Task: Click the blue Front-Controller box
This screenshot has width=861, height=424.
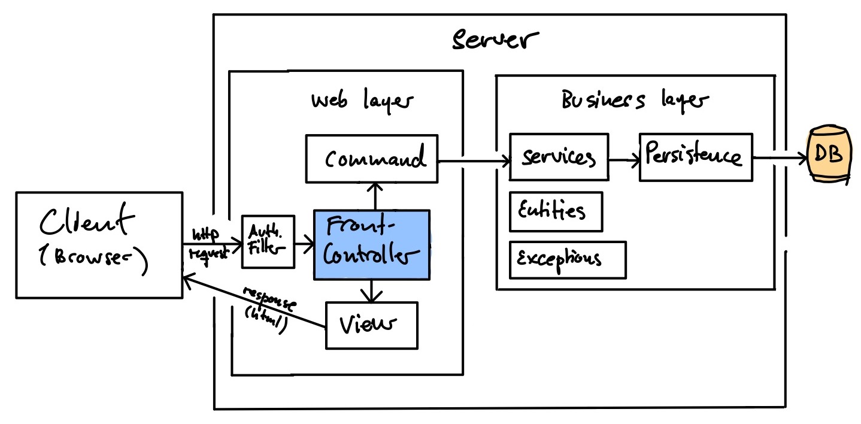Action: [371, 244]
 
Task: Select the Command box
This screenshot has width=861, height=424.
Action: [372, 159]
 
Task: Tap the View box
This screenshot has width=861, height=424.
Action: [371, 325]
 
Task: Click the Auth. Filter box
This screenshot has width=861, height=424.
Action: [268, 241]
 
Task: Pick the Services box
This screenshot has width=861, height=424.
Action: [558, 158]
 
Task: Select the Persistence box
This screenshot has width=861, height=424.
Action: [695, 158]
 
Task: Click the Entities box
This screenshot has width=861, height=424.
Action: [556, 211]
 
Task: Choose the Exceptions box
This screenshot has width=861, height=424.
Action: [567, 260]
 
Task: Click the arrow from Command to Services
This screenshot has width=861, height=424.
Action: [473, 160]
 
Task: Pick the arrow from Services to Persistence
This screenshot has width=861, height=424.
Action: [624, 159]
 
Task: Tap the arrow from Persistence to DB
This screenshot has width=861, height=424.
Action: [779, 159]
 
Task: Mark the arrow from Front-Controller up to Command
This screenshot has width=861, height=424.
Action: [374, 196]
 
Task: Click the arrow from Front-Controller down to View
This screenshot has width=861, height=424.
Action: [371, 290]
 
